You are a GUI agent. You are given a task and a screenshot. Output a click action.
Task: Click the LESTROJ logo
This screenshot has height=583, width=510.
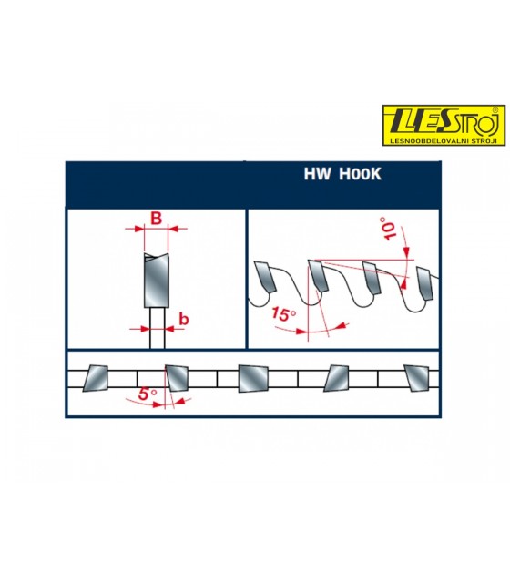(444, 125)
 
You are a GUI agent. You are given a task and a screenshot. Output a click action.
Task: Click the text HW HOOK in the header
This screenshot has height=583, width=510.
(342, 174)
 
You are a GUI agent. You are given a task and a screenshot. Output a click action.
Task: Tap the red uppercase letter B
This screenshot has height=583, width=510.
(156, 219)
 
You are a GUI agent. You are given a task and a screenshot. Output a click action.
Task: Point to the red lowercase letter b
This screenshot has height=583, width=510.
(184, 319)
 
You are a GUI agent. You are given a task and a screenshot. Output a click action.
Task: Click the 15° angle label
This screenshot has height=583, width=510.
(283, 313)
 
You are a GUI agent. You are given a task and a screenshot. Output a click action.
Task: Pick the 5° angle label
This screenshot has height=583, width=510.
(148, 394)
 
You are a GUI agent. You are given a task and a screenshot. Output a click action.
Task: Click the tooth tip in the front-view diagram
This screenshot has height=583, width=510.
(156, 256)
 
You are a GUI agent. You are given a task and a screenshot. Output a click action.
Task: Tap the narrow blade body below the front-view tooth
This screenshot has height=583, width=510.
(157, 328)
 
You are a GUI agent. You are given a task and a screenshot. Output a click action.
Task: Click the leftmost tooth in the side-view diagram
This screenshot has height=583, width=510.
(265, 277)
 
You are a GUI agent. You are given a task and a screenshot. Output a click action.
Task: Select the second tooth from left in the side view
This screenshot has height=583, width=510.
(318, 276)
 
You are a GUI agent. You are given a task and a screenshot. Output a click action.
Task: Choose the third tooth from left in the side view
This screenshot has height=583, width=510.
(372, 278)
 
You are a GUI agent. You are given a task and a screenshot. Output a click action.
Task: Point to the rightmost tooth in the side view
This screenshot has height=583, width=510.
(425, 283)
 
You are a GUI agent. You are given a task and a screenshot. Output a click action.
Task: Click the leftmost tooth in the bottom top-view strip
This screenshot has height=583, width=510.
(95, 379)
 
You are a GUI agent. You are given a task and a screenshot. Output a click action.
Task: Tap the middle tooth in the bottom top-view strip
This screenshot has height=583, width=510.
(253, 379)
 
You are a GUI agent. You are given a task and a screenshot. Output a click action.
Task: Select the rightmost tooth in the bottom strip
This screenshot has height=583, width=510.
(416, 378)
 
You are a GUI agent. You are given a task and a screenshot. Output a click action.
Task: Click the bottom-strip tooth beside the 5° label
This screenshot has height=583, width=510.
(177, 378)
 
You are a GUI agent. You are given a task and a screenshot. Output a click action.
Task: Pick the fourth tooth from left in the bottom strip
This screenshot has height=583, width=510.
(336, 379)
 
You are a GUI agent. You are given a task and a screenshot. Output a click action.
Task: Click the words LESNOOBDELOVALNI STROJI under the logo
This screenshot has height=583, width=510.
(444, 141)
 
